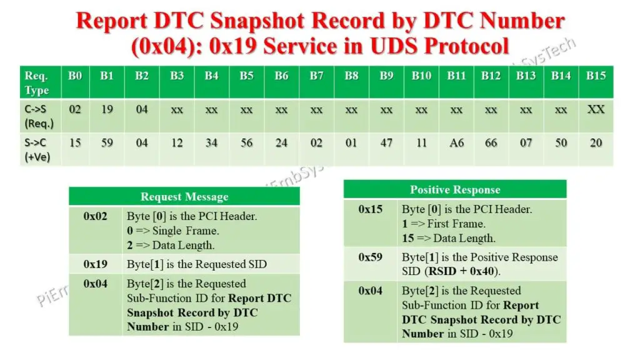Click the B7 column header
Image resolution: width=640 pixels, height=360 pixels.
point(317,76)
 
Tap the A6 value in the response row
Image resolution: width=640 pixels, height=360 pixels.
point(456,143)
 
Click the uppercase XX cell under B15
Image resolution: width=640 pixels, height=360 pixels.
point(596,109)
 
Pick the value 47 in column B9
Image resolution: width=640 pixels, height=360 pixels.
point(387,143)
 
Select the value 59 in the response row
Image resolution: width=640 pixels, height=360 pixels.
point(107,143)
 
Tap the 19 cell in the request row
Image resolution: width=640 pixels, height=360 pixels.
point(107,109)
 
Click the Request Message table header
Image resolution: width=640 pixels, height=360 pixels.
point(184,197)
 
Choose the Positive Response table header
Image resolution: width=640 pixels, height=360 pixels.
point(454,189)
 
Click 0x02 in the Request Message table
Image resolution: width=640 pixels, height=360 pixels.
point(96,217)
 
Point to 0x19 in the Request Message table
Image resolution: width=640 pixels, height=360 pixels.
point(96,264)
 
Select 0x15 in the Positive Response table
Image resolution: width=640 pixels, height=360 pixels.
point(371,209)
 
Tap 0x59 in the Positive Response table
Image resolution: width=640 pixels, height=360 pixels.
point(371,257)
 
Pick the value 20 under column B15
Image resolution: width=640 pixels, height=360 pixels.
point(596,143)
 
